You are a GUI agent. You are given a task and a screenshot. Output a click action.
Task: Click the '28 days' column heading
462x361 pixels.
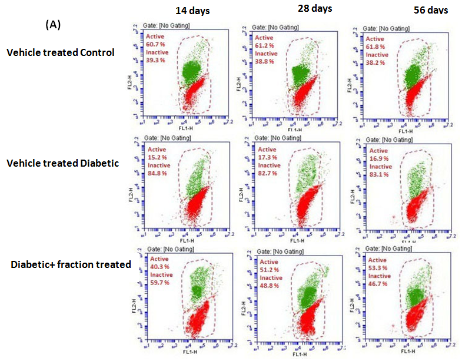pyautogui.click(x=314, y=8)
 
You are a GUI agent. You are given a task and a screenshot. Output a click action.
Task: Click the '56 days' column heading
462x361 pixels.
pyautogui.click(x=430, y=10)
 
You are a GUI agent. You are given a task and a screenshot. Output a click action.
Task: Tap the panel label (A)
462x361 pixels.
pyautogui.click(x=53, y=25)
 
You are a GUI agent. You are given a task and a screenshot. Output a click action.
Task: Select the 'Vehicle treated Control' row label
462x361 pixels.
pyautogui.click(x=60, y=52)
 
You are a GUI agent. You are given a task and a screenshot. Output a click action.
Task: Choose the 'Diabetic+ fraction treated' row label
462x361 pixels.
pyautogui.click(x=71, y=264)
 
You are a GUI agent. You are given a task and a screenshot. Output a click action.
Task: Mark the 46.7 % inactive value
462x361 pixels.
pyautogui.click(x=376, y=283)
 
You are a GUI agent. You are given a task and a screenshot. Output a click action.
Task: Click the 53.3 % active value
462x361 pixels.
pyautogui.click(x=376, y=268)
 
